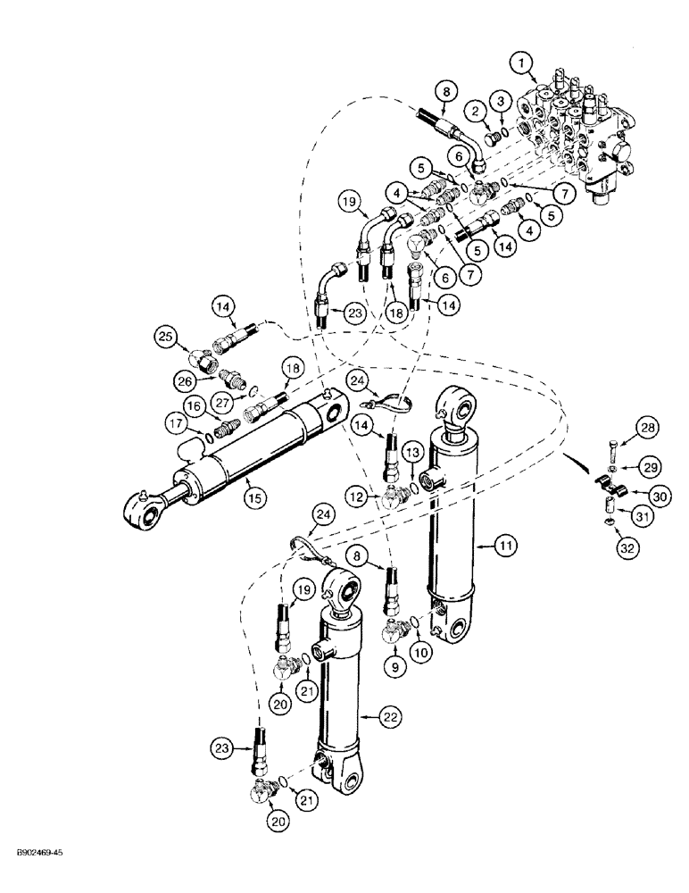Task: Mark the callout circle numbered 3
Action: (502, 98)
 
